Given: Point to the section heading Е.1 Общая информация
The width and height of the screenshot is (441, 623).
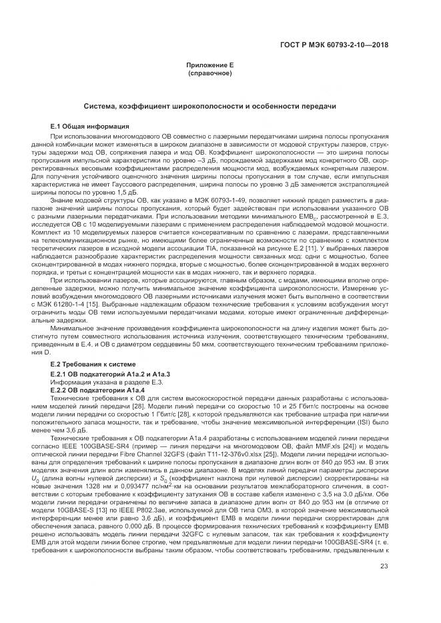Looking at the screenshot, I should [x=90, y=126].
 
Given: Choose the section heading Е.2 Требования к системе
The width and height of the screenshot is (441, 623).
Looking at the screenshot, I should [x=93, y=364].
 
